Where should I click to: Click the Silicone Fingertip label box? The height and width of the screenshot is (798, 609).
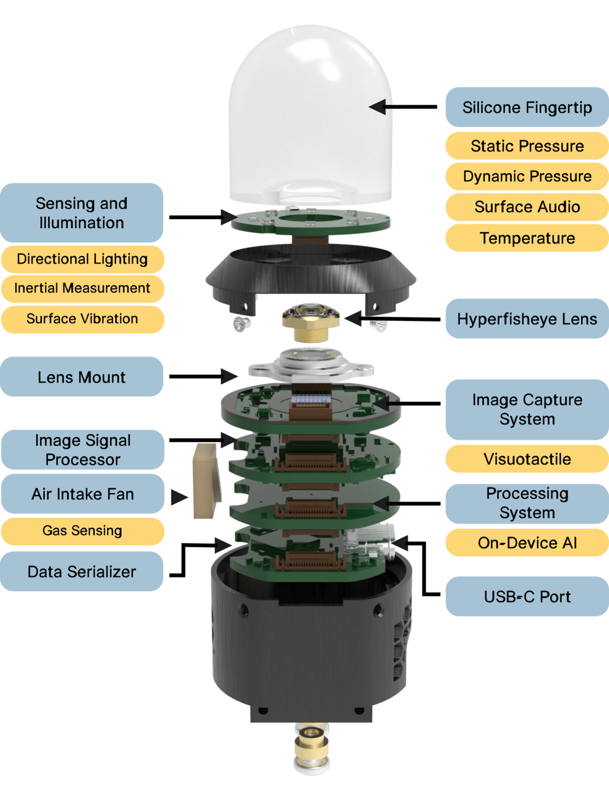[527, 108]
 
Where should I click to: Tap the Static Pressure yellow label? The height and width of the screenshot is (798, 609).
[527, 146]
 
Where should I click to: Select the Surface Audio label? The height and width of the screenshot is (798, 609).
[527, 207]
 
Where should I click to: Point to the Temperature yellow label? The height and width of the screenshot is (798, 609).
[527, 238]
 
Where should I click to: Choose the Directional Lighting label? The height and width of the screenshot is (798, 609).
[82, 259]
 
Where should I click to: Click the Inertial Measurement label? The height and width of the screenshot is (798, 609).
[82, 288]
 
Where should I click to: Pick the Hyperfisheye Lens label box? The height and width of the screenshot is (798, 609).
[527, 319]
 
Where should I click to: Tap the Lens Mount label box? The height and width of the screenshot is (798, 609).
[82, 377]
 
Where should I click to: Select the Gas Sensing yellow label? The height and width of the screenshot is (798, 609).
[82, 531]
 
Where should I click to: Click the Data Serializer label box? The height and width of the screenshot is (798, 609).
[82, 572]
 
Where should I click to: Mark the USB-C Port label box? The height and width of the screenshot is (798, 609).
[527, 597]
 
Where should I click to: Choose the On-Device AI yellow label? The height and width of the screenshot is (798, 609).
[527, 543]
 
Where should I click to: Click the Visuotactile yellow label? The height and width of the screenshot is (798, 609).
[527, 459]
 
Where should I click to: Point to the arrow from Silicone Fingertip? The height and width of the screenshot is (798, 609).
[402, 107]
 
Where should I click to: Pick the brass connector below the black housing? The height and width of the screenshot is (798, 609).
[311, 748]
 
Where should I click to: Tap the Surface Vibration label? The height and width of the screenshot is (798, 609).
[82, 319]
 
